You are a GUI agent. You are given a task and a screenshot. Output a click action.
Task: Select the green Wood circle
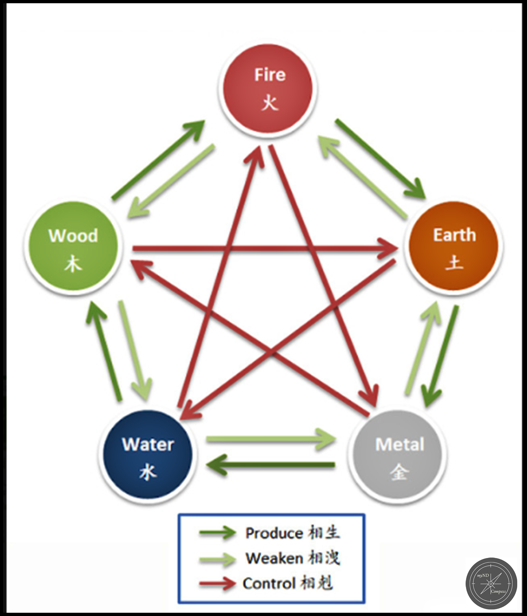(x=73, y=246)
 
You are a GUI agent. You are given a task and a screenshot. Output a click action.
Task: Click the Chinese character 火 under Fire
(x=270, y=102)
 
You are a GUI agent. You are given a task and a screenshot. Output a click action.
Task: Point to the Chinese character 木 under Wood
(x=73, y=264)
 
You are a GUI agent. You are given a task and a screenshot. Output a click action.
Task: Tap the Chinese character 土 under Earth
(x=454, y=263)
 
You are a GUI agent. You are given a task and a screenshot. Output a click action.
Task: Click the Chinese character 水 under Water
(x=148, y=472)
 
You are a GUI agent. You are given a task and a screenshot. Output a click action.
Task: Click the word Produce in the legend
(x=274, y=533)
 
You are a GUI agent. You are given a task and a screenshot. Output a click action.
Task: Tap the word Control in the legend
(x=269, y=584)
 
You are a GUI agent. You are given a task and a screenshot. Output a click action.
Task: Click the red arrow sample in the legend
(x=217, y=584)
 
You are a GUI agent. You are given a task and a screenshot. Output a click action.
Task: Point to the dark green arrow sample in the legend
(x=217, y=533)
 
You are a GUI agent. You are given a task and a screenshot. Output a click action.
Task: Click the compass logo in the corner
(x=491, y=583)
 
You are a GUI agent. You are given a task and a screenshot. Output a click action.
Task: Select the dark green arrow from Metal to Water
(x=271, y=465)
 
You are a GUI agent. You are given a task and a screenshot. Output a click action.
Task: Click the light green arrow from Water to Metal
(x=271, y=439)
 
